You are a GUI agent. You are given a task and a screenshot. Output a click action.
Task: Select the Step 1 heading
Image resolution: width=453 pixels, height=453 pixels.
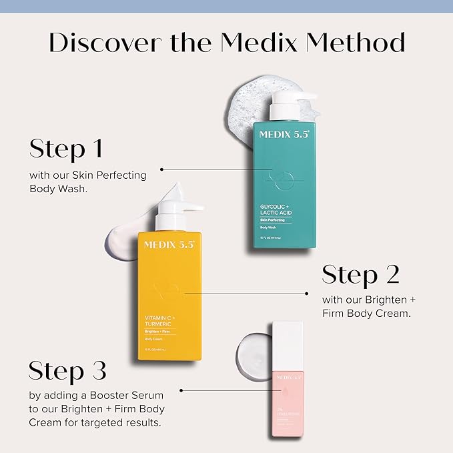click(x=66, y=149)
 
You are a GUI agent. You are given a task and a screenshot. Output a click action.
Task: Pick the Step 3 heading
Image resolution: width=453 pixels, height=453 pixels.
click(x=67, y=371)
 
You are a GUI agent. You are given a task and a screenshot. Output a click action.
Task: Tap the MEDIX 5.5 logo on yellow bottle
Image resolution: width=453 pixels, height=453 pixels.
click(x=169, y=245)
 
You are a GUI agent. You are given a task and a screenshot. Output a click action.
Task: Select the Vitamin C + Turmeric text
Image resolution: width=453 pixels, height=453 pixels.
click(x=159, y=321)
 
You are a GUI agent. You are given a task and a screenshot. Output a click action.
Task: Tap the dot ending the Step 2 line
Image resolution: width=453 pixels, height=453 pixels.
click(x=306, y=293)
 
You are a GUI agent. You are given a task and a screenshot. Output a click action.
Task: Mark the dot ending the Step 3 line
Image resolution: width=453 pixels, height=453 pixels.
click(x=181, y=390)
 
